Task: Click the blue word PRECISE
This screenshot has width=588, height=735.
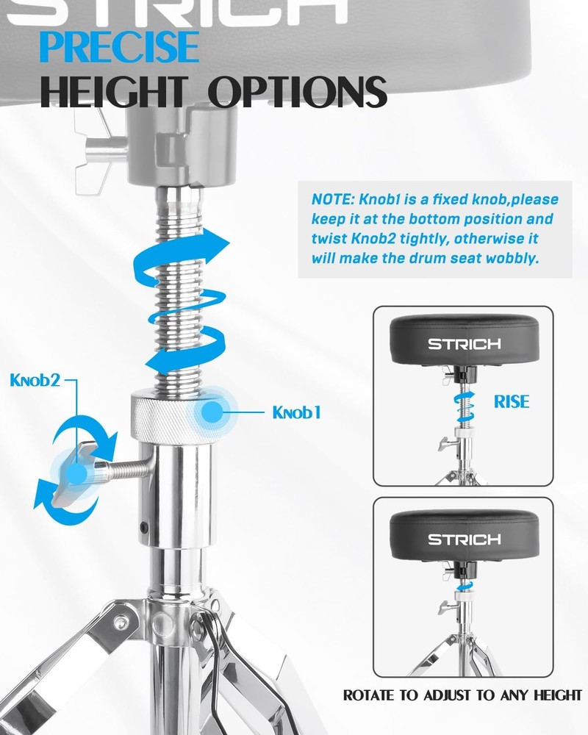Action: [x=120, y=46]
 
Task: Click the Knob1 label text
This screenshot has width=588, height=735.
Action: [x=296, y=413]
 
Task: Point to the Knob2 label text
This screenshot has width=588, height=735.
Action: [x=35, y=380]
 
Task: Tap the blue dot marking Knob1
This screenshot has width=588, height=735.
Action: [x=212, y=412]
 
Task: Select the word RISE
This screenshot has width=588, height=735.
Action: [x=511, y=402]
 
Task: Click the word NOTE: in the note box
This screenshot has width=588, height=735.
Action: [x=333, y=199]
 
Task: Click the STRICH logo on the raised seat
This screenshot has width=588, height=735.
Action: [x=465, y=345]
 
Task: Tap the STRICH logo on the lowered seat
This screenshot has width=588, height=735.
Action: [x=465, y=539]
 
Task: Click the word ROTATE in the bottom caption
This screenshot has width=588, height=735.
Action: [x=369, y=695]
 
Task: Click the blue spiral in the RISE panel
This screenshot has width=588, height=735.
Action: [x=464, y=407]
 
